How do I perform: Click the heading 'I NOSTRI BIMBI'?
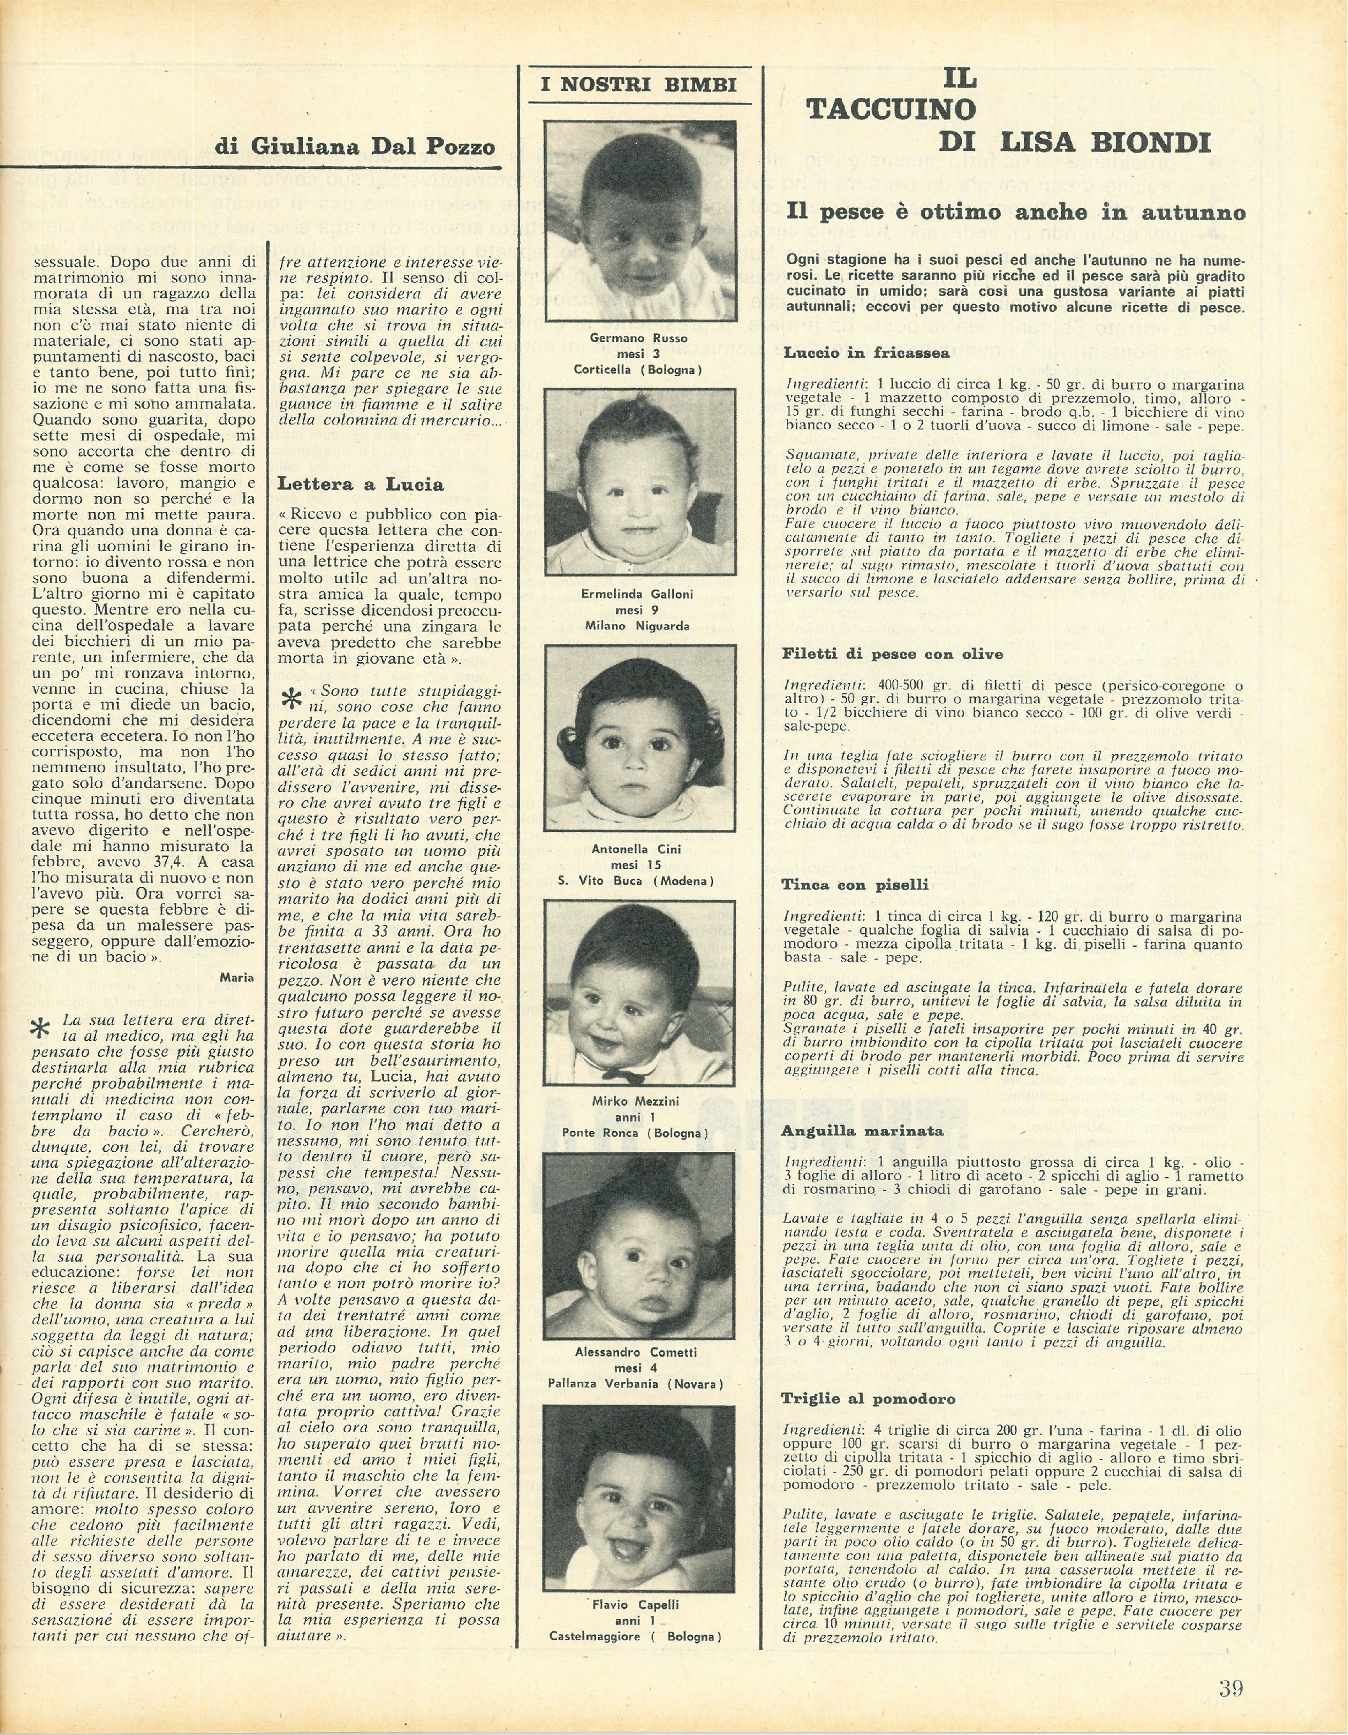pos(639,85)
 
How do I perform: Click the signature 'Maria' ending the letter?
pos(237,978)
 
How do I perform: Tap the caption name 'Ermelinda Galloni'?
pos(637,594)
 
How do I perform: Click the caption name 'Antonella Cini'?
pos(637,849)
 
